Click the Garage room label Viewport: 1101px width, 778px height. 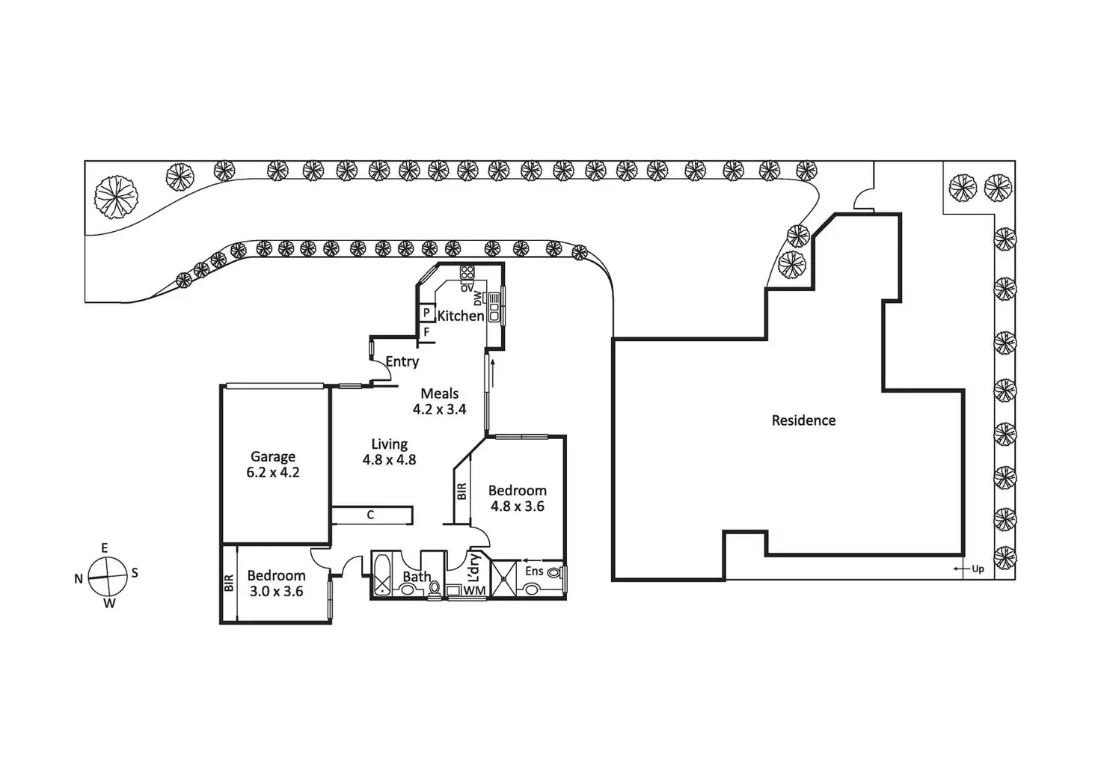273,456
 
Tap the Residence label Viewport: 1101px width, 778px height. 803,420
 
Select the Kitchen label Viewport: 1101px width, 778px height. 460,316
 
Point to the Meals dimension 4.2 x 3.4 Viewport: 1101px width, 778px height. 439,409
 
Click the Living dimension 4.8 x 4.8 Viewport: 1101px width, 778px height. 389,460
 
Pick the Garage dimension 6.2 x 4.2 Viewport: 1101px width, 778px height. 273,473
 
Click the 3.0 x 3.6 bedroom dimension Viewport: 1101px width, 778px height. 277,592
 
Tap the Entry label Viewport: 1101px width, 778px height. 402,362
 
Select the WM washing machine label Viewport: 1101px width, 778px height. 474,591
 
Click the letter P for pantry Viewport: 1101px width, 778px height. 426,313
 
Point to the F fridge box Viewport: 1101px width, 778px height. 426,331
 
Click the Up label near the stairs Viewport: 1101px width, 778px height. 978,569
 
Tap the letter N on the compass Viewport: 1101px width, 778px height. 79,579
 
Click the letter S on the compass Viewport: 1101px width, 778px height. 135,573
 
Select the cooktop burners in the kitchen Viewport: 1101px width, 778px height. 467,272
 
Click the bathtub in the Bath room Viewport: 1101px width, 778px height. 382,575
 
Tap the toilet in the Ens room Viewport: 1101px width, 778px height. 554,572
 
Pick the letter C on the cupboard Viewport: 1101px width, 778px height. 370,515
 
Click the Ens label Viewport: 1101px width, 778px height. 534,572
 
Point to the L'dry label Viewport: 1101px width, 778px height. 473,569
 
